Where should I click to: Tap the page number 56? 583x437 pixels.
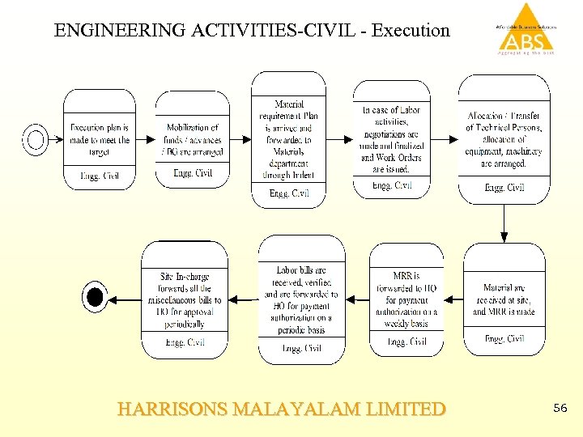(x=560, y=409)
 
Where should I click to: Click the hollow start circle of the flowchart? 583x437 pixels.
(x=36, y=140)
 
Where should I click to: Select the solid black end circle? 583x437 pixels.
(x=95, y=298)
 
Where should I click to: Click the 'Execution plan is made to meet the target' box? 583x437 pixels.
(x=100, y=140)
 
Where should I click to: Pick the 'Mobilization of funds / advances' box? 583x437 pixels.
(x=193, y=140)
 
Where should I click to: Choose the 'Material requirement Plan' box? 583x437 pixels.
(x=289, y=139)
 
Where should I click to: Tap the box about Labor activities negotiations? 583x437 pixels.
(x=391, y=139)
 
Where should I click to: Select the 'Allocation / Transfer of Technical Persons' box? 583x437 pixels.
(x=504, y=139)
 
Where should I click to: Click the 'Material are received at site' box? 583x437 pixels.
(x=504, y=299)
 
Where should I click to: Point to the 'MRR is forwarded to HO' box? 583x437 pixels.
(x=406, y=299)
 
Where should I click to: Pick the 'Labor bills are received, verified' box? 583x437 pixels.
(x=301, y=299)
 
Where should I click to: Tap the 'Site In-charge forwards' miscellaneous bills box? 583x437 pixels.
(x=185, y=299)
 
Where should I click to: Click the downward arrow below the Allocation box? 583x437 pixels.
(x=504, y=223)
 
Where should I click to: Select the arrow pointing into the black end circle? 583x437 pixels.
(x=124, y=299)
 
